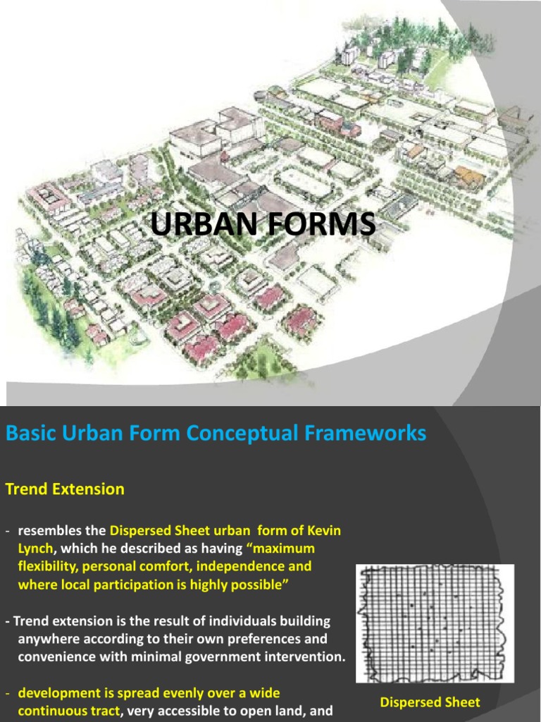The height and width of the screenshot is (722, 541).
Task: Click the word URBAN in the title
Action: (x=189, y=225)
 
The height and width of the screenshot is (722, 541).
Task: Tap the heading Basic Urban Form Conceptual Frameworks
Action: (x=216, y=433)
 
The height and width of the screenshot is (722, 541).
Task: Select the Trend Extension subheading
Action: (x=65, y=489)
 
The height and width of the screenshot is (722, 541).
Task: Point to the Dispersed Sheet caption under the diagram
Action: (x=430, y=702)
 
